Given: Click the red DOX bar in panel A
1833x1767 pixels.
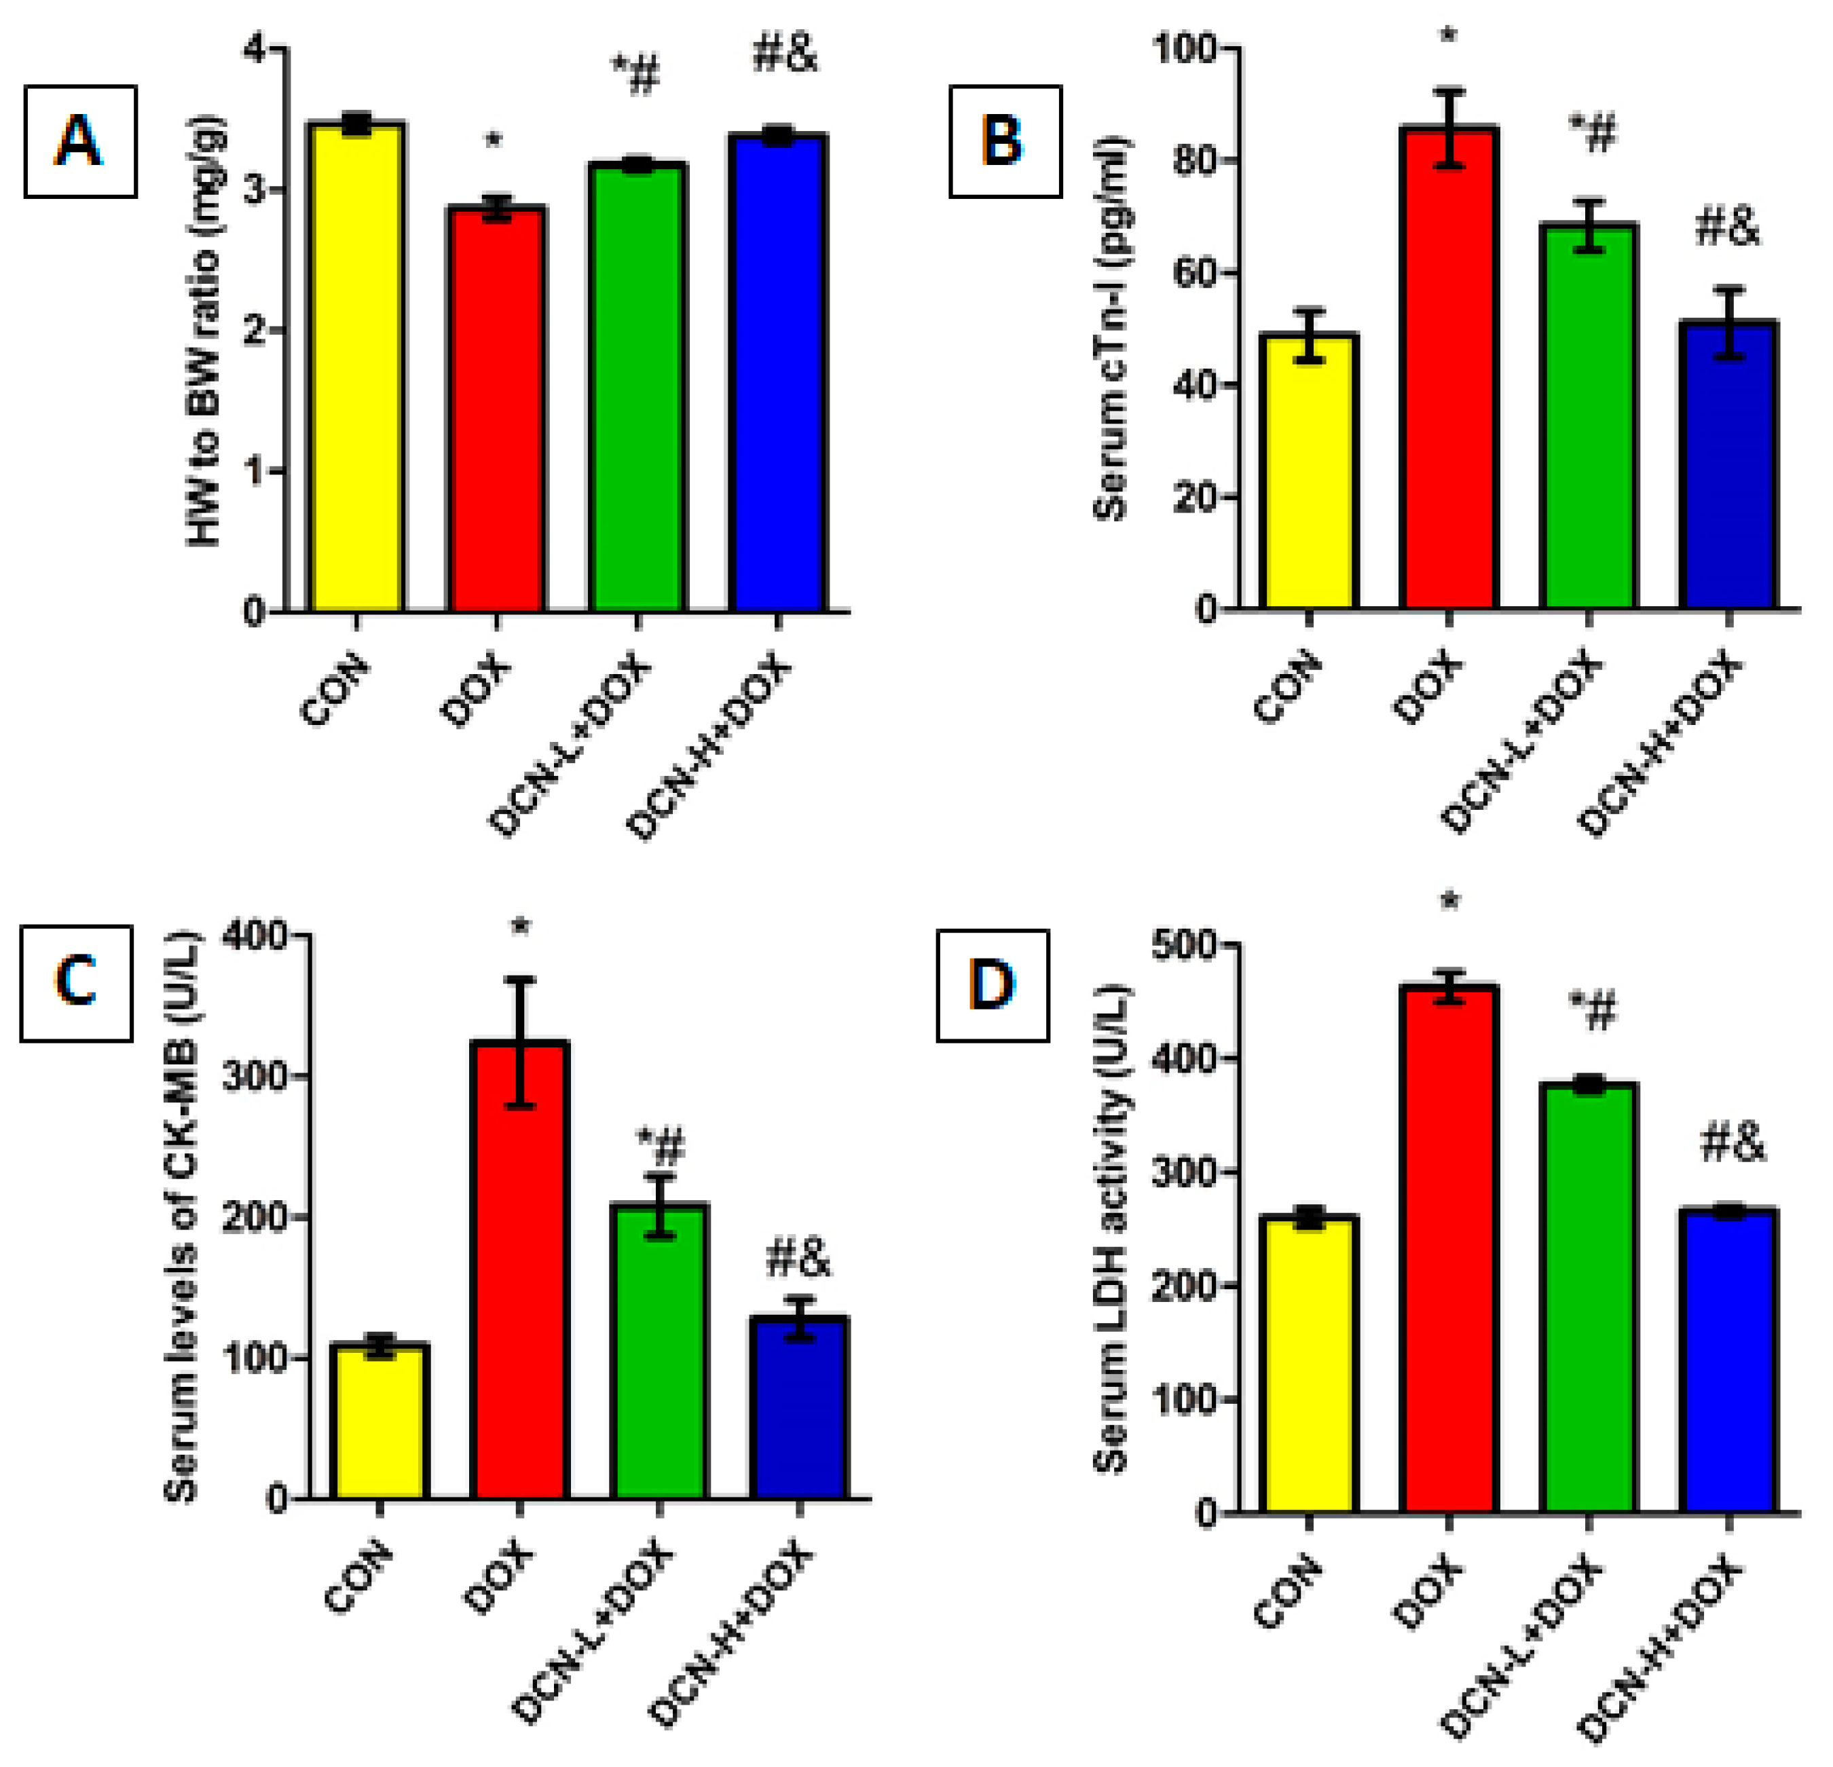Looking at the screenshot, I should click(x=496, y=411).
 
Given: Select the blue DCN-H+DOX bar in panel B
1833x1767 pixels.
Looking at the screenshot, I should click(x=1728, y=468).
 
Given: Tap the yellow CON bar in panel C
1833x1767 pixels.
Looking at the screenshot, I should click(x=379, y=1421).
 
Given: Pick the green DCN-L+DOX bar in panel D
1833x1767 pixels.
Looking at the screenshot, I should click(x=1588, y=1299).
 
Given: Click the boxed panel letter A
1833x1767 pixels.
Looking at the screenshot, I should click(x=80, y=142).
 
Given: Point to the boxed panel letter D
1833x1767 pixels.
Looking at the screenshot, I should click(x=993, y=986).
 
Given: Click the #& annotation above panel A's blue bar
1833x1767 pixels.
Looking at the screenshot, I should click(x=785, y=54).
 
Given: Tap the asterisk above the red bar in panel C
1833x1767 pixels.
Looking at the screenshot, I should click(x=521, y=929).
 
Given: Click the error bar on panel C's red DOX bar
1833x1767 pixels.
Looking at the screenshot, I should click(x=520, y=1043).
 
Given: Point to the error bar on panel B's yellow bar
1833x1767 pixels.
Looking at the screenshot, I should click(x=1310, y=335).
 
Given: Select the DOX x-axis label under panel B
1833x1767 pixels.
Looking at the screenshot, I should click(x=1427, y=689).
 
